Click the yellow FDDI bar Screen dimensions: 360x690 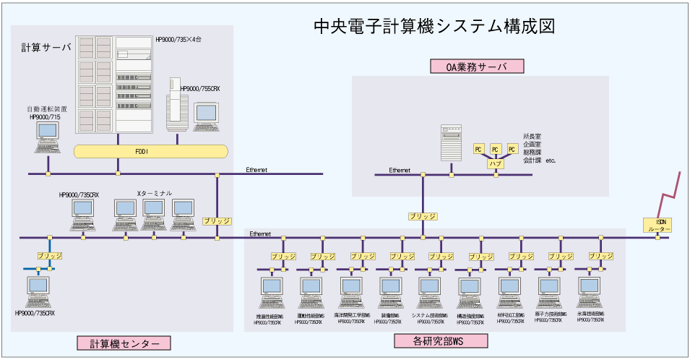pyautogui.click(x=150, y=151)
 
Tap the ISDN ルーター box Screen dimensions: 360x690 pyautogui.click(x=658, y=225)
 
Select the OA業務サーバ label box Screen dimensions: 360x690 pyautogui.click(x=476, y=67)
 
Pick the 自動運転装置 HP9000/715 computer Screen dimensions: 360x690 pyautogui.click(x=49, y=137)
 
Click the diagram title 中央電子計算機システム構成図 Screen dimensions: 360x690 pyautogui.click(x=434, y=27)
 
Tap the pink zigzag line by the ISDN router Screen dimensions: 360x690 pyautogui.click(x=670, y=192)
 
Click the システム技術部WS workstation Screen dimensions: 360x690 pyautogui.click(x=431, y=293)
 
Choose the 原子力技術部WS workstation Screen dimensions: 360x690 pyautogui.click(x=549, y=293)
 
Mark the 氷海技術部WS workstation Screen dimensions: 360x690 pyautogui.click(x=590, y=293)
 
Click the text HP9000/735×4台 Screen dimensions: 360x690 pyautogui.click(x=178, y=39)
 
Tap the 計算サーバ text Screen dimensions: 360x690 pyautogui.click(x=46, y=48)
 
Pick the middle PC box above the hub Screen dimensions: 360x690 pyautogui.click(x=495, y=149)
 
